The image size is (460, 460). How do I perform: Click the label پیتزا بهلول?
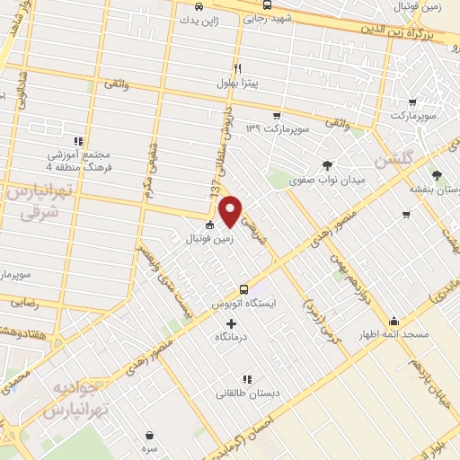click(x=236, y=84)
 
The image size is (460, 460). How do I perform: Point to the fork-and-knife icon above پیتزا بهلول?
click(x=237, y=68)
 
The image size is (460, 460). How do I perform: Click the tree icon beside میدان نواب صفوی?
click(x=327, y=164)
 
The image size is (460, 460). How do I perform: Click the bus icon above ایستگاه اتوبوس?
click(x=243, y=288)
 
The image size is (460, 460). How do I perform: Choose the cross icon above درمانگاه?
click(x=231, y=323)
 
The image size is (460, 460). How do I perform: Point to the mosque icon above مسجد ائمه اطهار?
click(x=394, y=321)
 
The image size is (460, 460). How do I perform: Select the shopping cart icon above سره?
click(x=148, y=435)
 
